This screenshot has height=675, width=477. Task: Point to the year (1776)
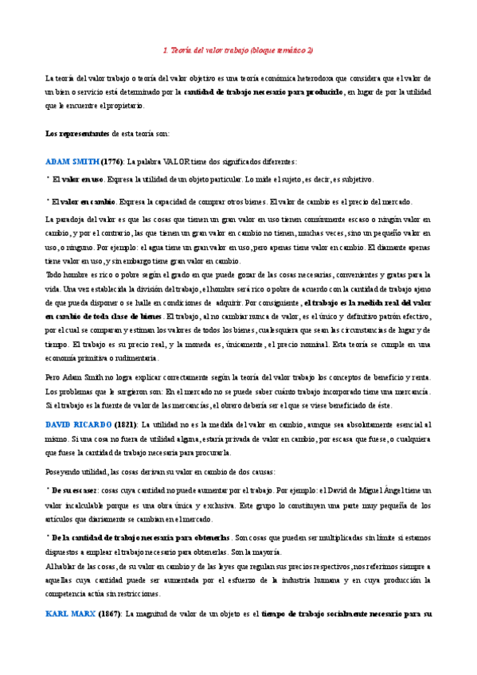(x=111, y=160)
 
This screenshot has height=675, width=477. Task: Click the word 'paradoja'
(x=73, y=218)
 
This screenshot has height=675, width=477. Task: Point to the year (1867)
(x=109, y=613)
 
